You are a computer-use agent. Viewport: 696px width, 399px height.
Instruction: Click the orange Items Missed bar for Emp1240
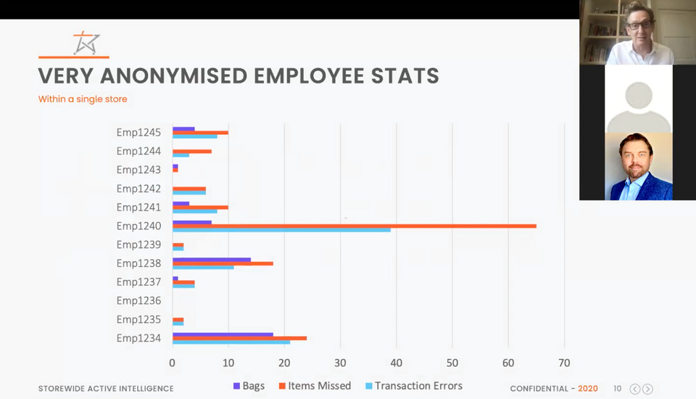coord(355,226)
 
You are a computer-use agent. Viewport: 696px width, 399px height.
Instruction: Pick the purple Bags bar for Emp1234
coord(223,334)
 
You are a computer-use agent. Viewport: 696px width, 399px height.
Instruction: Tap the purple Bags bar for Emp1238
coord(212,259)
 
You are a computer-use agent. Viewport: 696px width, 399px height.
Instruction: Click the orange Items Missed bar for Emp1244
coord(192,151)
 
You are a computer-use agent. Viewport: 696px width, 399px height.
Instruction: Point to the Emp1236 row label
coord(138,300)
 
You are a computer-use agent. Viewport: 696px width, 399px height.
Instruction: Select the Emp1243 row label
coord(138,170)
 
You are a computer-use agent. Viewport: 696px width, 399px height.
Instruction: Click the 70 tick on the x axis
coord(564,363)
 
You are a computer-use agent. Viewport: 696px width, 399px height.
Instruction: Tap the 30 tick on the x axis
coord(340,363)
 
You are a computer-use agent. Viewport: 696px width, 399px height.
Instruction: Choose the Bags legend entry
coord(249,386)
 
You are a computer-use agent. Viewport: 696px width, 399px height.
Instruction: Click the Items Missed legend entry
coord(313,386)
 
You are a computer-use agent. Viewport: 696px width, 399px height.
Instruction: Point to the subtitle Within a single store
coord(83,99)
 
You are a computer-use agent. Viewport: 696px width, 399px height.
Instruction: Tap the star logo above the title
coord(86,44)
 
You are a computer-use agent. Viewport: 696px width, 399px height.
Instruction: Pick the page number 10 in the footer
coord(618,389)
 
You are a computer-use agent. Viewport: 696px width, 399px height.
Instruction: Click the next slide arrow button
coord(647,389)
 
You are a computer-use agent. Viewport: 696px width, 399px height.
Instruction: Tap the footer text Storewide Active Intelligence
coord(106,389)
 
